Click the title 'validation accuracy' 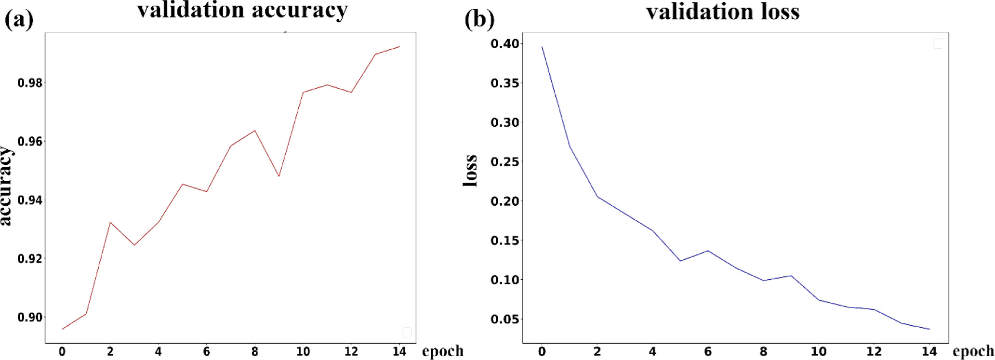[242, 11]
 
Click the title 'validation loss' [723, 12]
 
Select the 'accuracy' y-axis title [6, 186]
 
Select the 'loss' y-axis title [470, 170]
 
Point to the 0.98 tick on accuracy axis [29, 83]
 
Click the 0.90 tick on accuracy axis [29, 317]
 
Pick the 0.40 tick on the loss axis [505, 44]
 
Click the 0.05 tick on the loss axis [505, 319]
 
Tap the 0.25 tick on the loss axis [505, 161]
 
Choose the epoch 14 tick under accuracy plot [399, 351]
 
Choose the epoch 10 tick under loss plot [819, 351]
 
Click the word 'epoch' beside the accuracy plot [442, 351]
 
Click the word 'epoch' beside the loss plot [973, 351]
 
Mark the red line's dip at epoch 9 [279, 176]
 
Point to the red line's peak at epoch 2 [110, 223]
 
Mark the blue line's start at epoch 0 [542, 47]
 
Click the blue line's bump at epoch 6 [708, 251]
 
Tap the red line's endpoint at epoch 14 [399, 47]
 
